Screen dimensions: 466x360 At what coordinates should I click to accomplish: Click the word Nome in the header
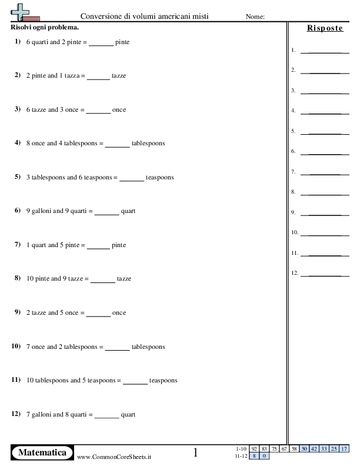[255, 17]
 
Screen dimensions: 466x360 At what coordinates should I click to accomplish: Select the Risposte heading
[325, 28]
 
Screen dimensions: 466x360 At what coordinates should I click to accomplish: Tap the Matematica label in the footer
[42, 452]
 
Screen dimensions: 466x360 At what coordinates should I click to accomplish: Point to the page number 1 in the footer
[196, 452]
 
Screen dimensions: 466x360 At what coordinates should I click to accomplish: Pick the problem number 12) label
[16, 414]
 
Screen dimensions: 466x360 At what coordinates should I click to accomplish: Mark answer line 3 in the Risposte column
[321, 93]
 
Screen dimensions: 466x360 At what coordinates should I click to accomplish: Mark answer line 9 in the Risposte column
[321, 214]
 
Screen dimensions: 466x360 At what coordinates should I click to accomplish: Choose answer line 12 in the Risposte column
[321, 275]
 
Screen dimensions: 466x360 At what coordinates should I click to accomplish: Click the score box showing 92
[254, 449]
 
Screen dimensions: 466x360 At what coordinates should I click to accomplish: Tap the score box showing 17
[344, 449]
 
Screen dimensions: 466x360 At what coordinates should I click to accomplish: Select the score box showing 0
[264, 455]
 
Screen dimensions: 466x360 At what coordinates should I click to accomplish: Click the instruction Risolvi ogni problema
[45, 28]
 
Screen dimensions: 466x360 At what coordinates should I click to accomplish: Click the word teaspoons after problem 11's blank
[164, 381]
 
